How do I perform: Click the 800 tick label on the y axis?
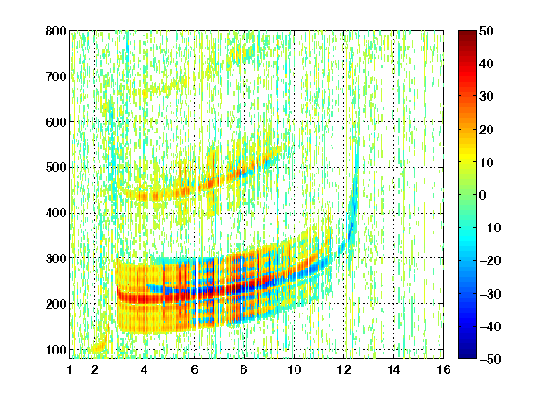[56, 31]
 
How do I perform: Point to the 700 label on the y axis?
[56, 76]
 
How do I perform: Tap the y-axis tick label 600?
[56, 122]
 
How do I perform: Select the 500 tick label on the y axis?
[56, 168]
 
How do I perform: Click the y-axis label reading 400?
[56, 213]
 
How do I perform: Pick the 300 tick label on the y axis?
[56, 258]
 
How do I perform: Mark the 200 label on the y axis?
[56, 304]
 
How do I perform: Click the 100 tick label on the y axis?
[56, 350]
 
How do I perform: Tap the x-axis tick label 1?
[70, 369]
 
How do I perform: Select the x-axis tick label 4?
[145, 369]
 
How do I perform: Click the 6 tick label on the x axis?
[194, 369]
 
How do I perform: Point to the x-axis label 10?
[294, 369]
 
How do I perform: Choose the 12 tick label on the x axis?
[344, 369]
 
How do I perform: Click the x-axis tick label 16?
[444, 369]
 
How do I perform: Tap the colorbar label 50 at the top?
[486, 31]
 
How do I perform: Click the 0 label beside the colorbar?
[483, 195]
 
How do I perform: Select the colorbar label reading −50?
[490, 359]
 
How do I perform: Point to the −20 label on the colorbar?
[490, 260]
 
